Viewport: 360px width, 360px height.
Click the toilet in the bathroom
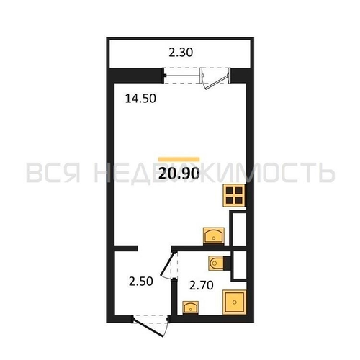click(x=217, y=262)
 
